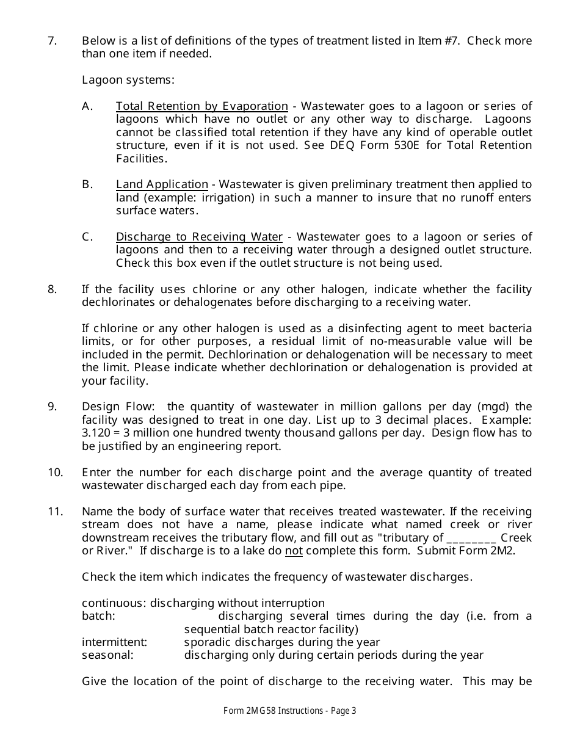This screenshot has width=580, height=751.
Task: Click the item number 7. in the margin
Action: [52, 41]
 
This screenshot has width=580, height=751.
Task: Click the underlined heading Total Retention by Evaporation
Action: [201, 106]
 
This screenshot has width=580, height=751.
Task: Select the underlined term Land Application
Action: [162, 184]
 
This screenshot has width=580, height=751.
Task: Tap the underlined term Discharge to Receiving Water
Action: [199, 237]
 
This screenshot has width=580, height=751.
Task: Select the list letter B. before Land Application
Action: [87, 184]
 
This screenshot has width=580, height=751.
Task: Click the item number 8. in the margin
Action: [52, 289]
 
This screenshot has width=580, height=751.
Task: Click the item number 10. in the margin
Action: [55, 473]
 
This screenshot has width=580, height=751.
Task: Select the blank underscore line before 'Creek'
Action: [471, 538]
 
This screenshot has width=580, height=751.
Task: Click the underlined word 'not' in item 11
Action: [294, 551]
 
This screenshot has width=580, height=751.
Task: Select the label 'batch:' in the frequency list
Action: [98, 616]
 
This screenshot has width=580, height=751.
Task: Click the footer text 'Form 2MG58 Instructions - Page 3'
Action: [289, 711]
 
